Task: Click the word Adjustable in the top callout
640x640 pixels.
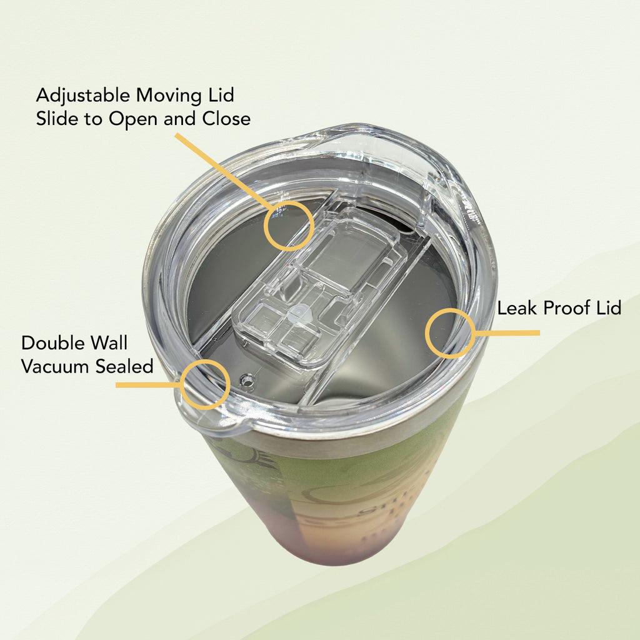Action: coord(83,96)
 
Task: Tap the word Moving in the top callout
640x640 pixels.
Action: coord(169,96)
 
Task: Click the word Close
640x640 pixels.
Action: coord(226,119)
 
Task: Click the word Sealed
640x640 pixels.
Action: coord(124,366)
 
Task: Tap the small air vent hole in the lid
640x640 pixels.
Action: coord(246,381)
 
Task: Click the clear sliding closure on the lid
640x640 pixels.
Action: coord(316,286)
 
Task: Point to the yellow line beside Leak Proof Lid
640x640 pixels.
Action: coord(507,333)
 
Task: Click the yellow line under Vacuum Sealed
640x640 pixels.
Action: coord(149,385)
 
